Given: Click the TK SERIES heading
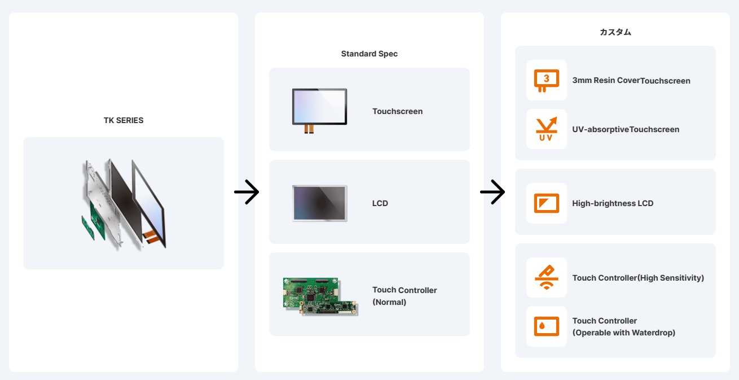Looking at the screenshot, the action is [x=124, y=120].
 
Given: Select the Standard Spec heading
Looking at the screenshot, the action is [x=369, y=54].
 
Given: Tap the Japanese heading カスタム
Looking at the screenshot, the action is [x=615, y=32].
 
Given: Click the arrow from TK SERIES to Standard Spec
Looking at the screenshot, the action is [x=247, y=192].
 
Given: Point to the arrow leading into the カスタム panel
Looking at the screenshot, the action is [x=492, y=192].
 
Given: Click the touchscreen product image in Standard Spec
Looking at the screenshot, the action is [x=319, y=111].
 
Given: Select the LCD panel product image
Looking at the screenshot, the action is [x=320, y=203].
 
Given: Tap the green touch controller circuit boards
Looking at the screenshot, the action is [x=320, y=296].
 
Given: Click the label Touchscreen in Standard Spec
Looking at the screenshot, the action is [x=397, y=111].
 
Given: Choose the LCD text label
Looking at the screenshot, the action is [x=380, y=203].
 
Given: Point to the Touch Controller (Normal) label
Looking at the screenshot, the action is [x=404, y=296].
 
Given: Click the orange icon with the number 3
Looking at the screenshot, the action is [x=546, y=80].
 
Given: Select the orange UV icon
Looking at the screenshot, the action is [x=546, y=129].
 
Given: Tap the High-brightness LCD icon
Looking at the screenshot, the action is [x=546, y=203].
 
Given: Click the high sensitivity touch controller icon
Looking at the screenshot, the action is [x=546, y=277].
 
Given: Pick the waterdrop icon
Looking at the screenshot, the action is [x=546, y=326].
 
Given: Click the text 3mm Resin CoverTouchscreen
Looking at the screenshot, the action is [x=631, y=81].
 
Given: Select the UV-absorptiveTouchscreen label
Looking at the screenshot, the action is [x=626, y=129].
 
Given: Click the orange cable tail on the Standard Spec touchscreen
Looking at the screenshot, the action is [x=309, y=129].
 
